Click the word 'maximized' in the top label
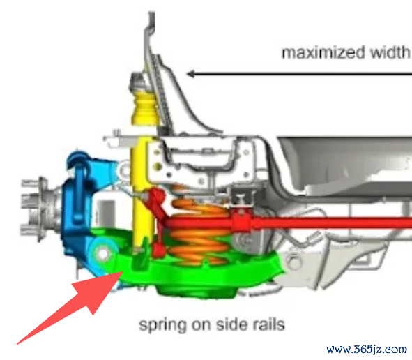click(323, 52)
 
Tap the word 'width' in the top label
click(390, 52)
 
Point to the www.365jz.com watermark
click(367, 350)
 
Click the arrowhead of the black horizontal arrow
click(190, 74)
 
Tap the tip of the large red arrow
click(123, 272)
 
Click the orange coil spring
click(199, 232)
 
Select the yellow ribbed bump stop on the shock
click(145, 107)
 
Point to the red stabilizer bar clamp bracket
click(241, 221)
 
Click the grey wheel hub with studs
click(40, 208)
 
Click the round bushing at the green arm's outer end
click(103, 254)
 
